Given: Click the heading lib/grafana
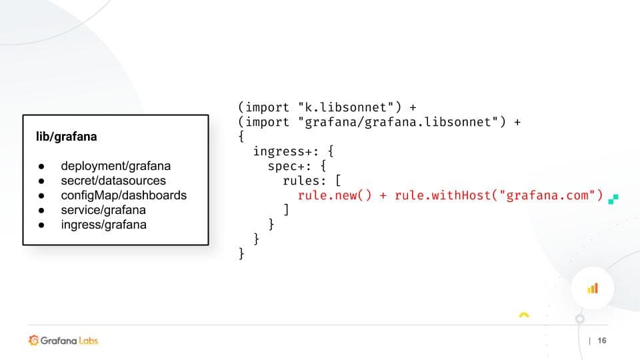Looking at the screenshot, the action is (x=67, y=136).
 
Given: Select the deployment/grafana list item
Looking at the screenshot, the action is (x=115, y=166).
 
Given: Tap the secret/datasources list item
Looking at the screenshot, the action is (x=113, y=181).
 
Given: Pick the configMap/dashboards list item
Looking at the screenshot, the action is (x=124, y=195).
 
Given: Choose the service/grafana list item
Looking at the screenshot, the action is (x=103, y=210).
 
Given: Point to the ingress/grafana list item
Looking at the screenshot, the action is (x=104, y=225).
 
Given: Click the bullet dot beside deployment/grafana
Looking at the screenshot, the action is (x=41, y=167).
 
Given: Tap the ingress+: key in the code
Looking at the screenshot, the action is (x=286, y=152).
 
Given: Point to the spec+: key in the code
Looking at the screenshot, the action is (x=289, y=167).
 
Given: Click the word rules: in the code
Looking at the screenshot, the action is (x=304, y=181).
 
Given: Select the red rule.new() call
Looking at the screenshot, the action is (x=335, y=195).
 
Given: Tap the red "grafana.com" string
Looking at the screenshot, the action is (x=547, y=195).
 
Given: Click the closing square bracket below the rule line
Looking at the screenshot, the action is (x=286, y=210).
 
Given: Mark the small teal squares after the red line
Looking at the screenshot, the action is (x=613, y=199).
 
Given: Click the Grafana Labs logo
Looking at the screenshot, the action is (x=63, y=341).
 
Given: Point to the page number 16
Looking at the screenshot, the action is (x=602, y=341).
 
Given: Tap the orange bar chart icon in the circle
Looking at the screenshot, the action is (x=593, y=289).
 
